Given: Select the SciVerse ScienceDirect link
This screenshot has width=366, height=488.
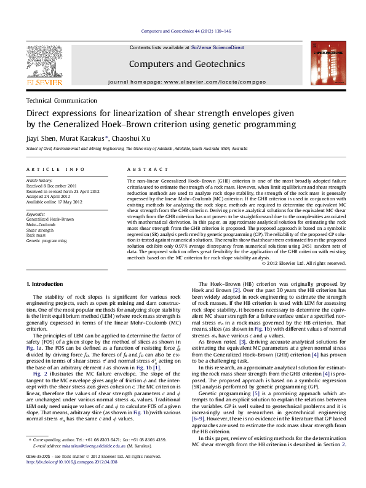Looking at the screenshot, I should tap(217, 47).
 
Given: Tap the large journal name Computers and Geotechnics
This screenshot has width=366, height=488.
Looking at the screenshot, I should tap(186, 64).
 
